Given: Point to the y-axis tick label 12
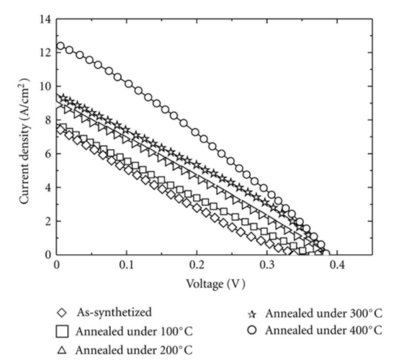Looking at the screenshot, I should [45, 52].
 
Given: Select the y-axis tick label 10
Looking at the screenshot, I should [45, 86].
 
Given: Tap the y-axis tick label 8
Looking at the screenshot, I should [47, 120].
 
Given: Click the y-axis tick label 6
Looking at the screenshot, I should [47, 153].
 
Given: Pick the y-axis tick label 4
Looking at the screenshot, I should [47, 187].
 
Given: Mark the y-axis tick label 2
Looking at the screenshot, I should [47, 221].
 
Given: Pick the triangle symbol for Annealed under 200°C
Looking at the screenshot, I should [63, 349].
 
